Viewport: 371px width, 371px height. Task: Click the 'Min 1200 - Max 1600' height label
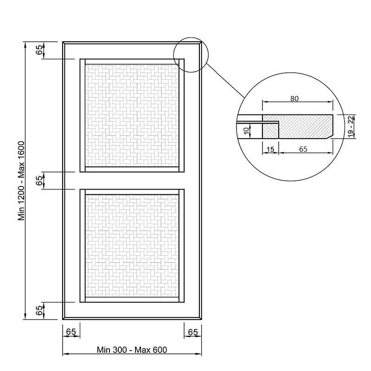pos(21,181)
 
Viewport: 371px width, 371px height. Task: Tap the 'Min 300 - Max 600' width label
pos(132,350)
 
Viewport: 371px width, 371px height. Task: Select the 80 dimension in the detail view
pos(294,98)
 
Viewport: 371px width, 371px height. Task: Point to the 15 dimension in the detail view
pos(270,149)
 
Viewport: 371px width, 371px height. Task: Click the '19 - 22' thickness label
pos(351,126)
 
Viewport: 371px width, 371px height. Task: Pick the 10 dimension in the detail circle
pos(246,130)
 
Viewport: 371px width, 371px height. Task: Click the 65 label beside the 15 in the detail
pos(303,149)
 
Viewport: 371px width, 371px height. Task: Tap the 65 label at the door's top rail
pos(39,50)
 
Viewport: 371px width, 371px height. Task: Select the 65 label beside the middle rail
pos(39,180)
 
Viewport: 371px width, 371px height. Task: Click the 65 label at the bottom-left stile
pos(71,332)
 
